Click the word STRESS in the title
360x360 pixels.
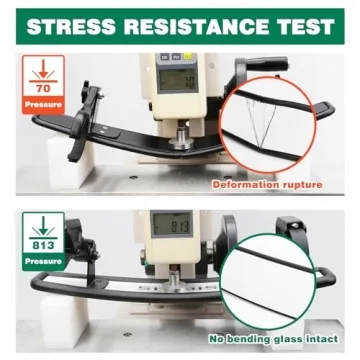tap(71, 27)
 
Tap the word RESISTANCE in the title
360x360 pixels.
tap(195, 27)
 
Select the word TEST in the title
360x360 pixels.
tap(305, 27)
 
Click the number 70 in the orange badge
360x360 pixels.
tap(43, 88)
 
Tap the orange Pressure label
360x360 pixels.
tap(43, 105)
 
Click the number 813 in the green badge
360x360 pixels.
tap(43, 246)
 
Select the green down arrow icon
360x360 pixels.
tap(43, 228)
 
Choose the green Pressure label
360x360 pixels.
tap(43, 262)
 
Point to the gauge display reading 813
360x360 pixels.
tap(172, 224)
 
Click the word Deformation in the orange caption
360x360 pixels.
tap(246, 184)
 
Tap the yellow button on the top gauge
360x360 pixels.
tap(187, 56)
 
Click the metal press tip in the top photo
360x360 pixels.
tap(182, 138)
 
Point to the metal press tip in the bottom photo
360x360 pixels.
tap(173, 280)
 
